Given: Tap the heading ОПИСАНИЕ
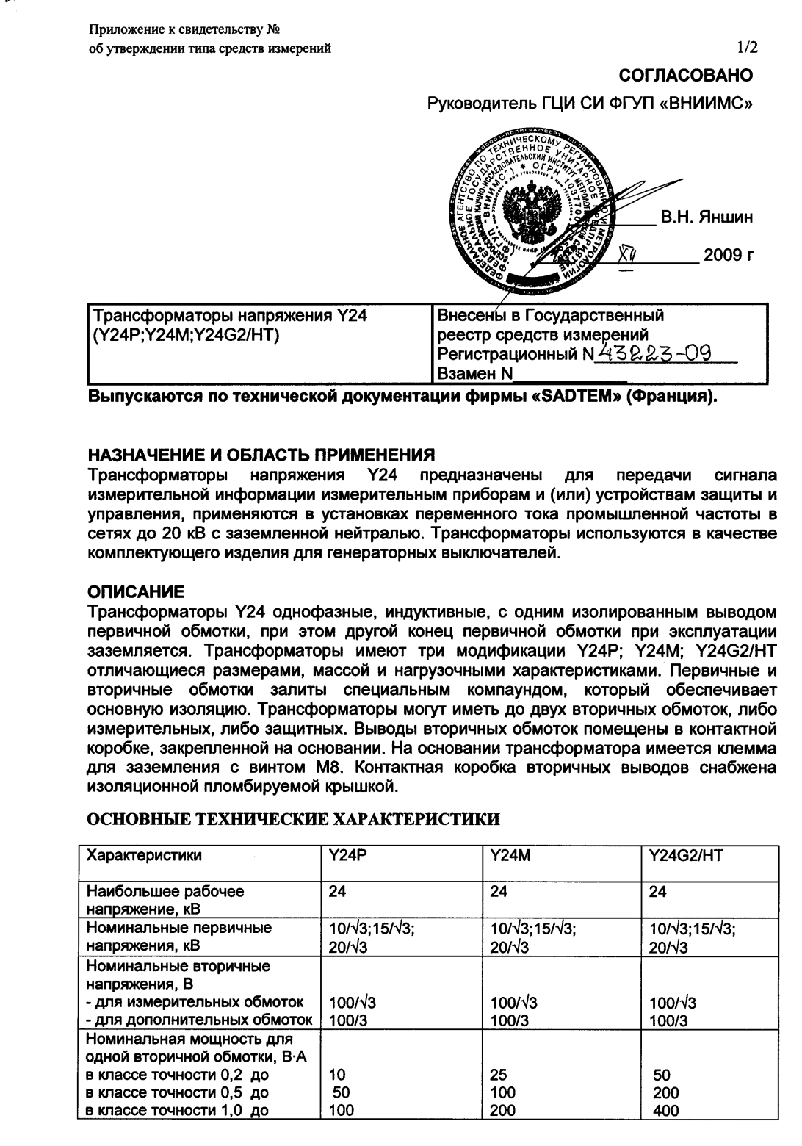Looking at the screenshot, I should coord(136,591).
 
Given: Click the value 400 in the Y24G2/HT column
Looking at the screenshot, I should coord(665,1110).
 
